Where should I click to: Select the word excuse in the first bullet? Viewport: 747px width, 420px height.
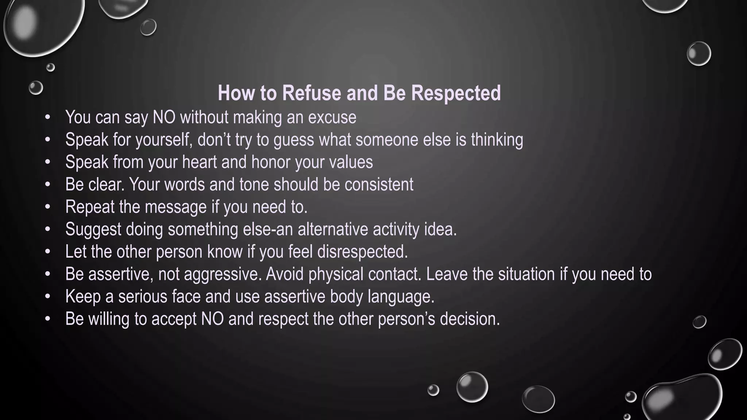coord(332,117)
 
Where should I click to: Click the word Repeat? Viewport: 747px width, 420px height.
coord(90,207)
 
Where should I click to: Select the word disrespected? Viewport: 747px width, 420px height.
coord(362,252)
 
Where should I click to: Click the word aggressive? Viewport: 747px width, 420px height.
coord(222,274)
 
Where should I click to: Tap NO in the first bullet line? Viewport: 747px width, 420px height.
coord(164,117)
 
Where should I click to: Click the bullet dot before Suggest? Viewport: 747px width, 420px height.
coord(47,229)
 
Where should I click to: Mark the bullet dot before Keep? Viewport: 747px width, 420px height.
coord(47,296)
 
